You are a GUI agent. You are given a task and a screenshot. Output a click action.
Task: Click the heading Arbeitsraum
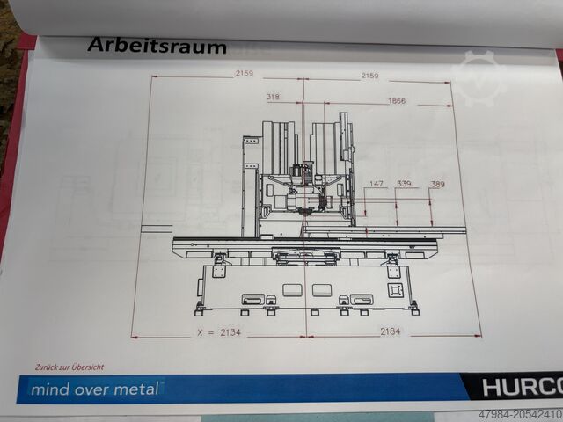point(157,47)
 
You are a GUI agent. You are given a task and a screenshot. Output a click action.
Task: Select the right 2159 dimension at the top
point(369,76)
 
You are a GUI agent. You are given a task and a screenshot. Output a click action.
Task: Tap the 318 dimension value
point(274,98)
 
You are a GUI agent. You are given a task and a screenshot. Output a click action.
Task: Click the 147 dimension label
point(377,184)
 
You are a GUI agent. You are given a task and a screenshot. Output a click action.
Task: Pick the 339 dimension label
point(404,184)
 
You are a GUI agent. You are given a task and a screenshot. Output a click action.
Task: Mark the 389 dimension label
point(437,185)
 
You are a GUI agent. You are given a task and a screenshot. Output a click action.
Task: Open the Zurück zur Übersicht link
point(70,366)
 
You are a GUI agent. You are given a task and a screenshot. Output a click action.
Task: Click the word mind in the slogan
point(46,389)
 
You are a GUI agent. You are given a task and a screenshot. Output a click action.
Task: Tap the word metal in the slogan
point(138,389)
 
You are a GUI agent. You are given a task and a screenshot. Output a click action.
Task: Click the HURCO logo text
point(522,388)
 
